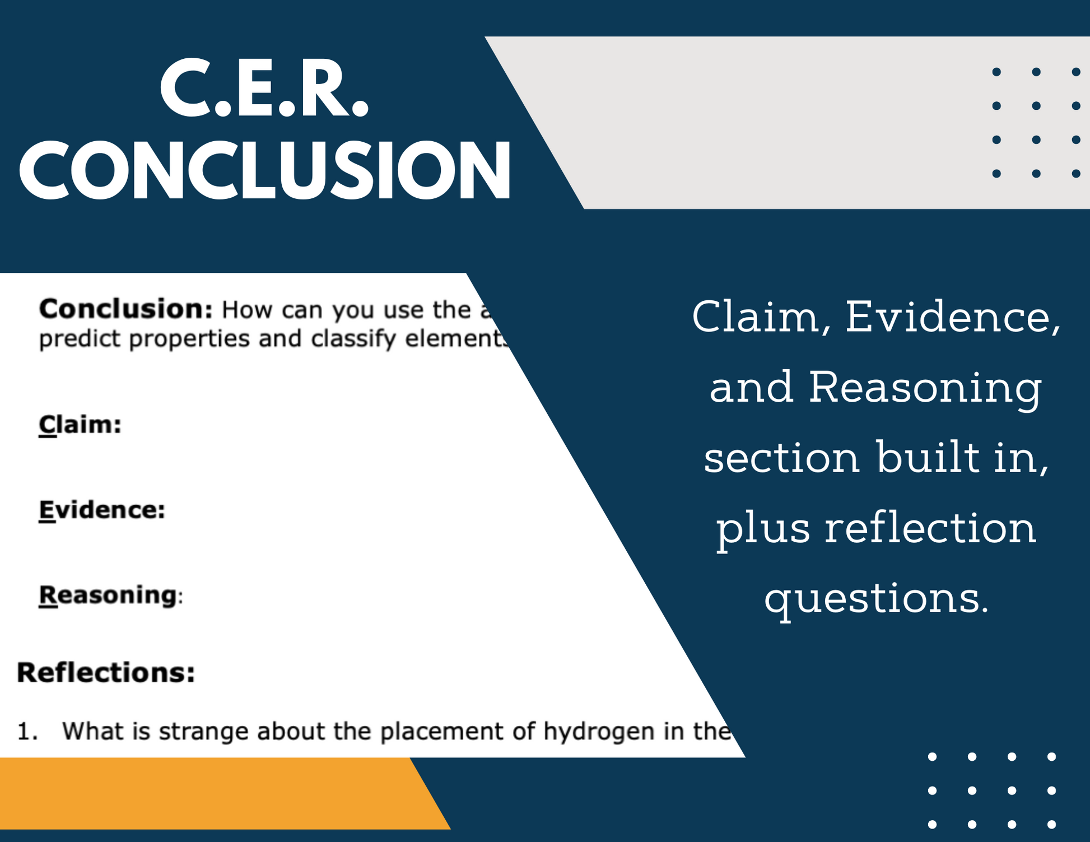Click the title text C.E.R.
click(264, 89)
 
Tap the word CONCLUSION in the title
click(265, 170)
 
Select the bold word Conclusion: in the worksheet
click(125, 309)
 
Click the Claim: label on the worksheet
click(80, 424)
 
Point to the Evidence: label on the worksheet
click(102, 510)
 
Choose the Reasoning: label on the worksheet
click(110, 594)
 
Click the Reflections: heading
click(106, 672)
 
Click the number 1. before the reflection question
click(27, 732)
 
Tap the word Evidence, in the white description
click(952, 318)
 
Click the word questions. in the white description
click(877, 599)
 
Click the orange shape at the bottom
click(213, 793)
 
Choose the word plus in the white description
click(763, 529)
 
